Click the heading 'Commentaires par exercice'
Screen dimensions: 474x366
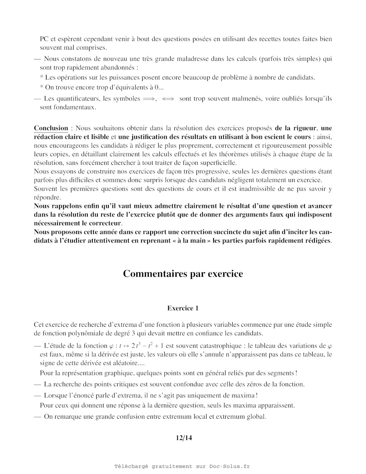(x=183, y=274)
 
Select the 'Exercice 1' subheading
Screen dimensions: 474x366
(x=183, y=308)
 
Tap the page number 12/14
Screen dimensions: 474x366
(x=184, y=438)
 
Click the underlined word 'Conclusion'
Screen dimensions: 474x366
(x=51, y=128)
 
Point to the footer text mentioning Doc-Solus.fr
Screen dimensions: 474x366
(x=182, y=466)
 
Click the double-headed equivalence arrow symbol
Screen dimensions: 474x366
(x=168, y=99)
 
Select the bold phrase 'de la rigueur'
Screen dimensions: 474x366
(x=296, y=128)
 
